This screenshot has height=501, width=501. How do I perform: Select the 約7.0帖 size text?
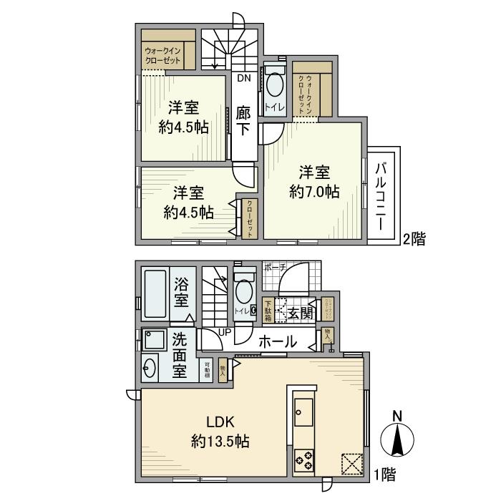[315, 192]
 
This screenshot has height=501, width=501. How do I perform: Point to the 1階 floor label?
[384, 473]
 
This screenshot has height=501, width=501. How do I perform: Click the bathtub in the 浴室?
[155, 294]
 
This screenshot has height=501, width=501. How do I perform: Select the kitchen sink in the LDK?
[301, 410]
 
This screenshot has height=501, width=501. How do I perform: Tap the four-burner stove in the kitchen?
[303, 458]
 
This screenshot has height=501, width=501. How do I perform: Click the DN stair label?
[243, 79]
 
